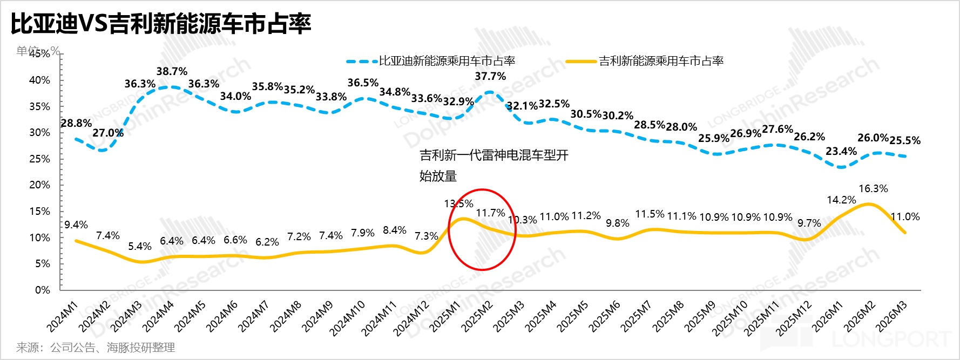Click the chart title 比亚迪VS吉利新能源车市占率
(x=161, y=24)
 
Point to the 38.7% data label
(x=172, y=71)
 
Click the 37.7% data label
(x=490, y=76)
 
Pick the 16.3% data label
(x=873, y=188)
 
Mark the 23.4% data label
(x=841, y=151)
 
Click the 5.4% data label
(x=140, y=247)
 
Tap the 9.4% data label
(x=76, y=225)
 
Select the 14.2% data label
(x=841, y=200)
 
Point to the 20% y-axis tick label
(x=39, y=185)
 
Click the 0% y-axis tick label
(x=43, y=290)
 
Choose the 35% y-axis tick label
(x=39, y=106)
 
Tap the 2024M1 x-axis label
(x=63, y=317)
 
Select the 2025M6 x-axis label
(x=604, y=317)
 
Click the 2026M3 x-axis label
(x=891, y=317)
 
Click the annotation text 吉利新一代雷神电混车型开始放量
(x=493, y=165)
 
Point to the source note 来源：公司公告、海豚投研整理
(x=96, y=348)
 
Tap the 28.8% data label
(x=76, y=123)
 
